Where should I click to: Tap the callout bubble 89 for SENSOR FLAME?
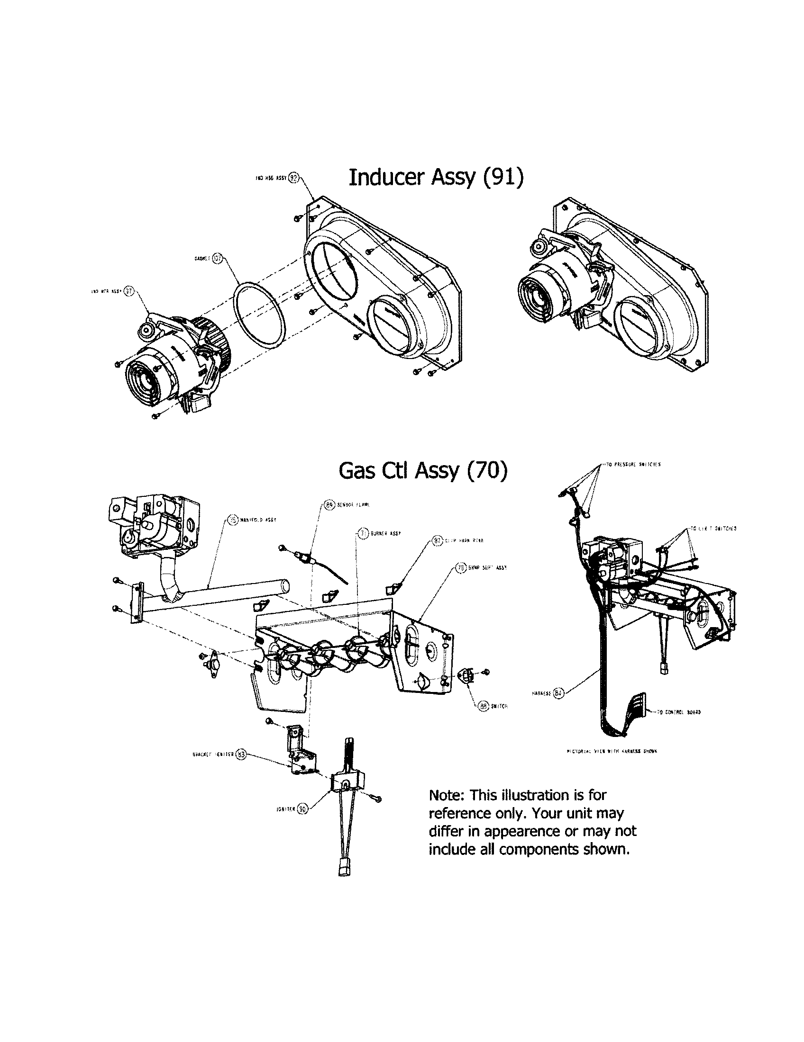(329, 504)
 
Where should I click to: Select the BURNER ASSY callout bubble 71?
(363, 533)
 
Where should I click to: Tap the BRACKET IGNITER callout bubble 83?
(242, 755)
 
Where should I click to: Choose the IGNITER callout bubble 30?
(302, 808)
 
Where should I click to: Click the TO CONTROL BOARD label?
(682, 712)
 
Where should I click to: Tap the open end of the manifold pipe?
(284, 585)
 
